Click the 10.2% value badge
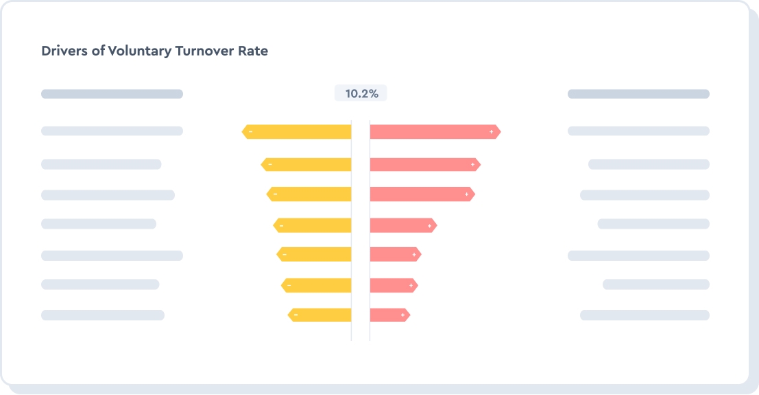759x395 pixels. pyautogui.click(x=361, y=94)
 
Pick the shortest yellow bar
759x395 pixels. pyautogui.click(x=320, y=315)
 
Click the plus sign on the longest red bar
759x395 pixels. pyautogui.click(x=492, y=131)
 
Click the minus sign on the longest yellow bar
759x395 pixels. pyautogui.click(x=250, y=131)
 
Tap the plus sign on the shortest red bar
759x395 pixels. pyautogui.click(x=402, y=315)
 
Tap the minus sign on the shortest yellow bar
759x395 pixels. pyautogui.click(x=295, y=315)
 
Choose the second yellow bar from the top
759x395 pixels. pyautogui.click(x=306, y=164)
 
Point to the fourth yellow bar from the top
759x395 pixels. pyautogui.click(x=313, y=225)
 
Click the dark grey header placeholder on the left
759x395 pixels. pyautogui.click(x=112, y=94)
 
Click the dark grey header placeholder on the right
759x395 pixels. pyautogui.click(x=638, y=94)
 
